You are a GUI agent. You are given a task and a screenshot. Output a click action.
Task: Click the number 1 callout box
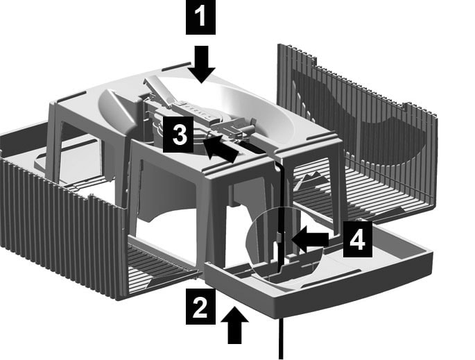(200, 17)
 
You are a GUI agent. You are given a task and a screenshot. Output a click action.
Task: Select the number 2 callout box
(200, 307)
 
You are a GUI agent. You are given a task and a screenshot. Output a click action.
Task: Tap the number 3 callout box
(178, 135)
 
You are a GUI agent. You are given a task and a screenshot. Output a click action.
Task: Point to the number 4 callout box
(357, 239)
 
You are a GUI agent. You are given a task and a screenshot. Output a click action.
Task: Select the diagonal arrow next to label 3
(221, 148)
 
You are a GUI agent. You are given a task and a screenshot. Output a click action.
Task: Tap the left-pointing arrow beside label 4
(309, 239)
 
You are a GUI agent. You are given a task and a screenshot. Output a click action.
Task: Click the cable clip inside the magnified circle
(280, 237)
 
